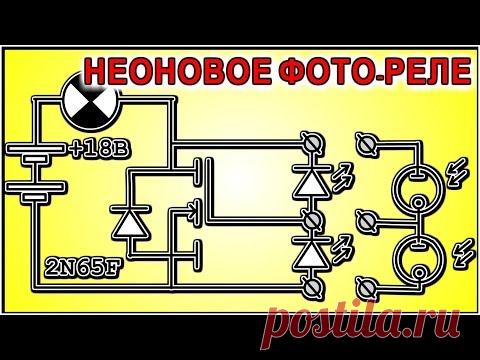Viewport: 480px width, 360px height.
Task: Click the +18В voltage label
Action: point(99,150)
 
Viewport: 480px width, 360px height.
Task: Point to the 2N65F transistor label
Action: point(82,268)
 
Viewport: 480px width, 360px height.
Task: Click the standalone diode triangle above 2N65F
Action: point(130,223)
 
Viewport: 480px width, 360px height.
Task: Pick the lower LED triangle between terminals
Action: point(312,254)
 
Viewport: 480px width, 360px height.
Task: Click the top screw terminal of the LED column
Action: point(312,143)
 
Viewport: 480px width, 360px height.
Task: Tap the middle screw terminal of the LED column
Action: point(312,219)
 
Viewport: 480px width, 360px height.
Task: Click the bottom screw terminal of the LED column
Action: point(312,286)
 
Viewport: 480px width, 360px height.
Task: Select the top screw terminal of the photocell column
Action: point(367,143)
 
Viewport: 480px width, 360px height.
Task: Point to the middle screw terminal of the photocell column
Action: point(367,221)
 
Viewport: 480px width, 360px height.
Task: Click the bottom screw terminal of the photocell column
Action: point(367,287)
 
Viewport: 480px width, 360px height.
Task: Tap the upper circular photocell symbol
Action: point(393,191)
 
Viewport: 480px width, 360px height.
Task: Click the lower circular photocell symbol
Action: point(393,259)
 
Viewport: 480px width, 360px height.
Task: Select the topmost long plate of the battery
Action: point(35,148)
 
